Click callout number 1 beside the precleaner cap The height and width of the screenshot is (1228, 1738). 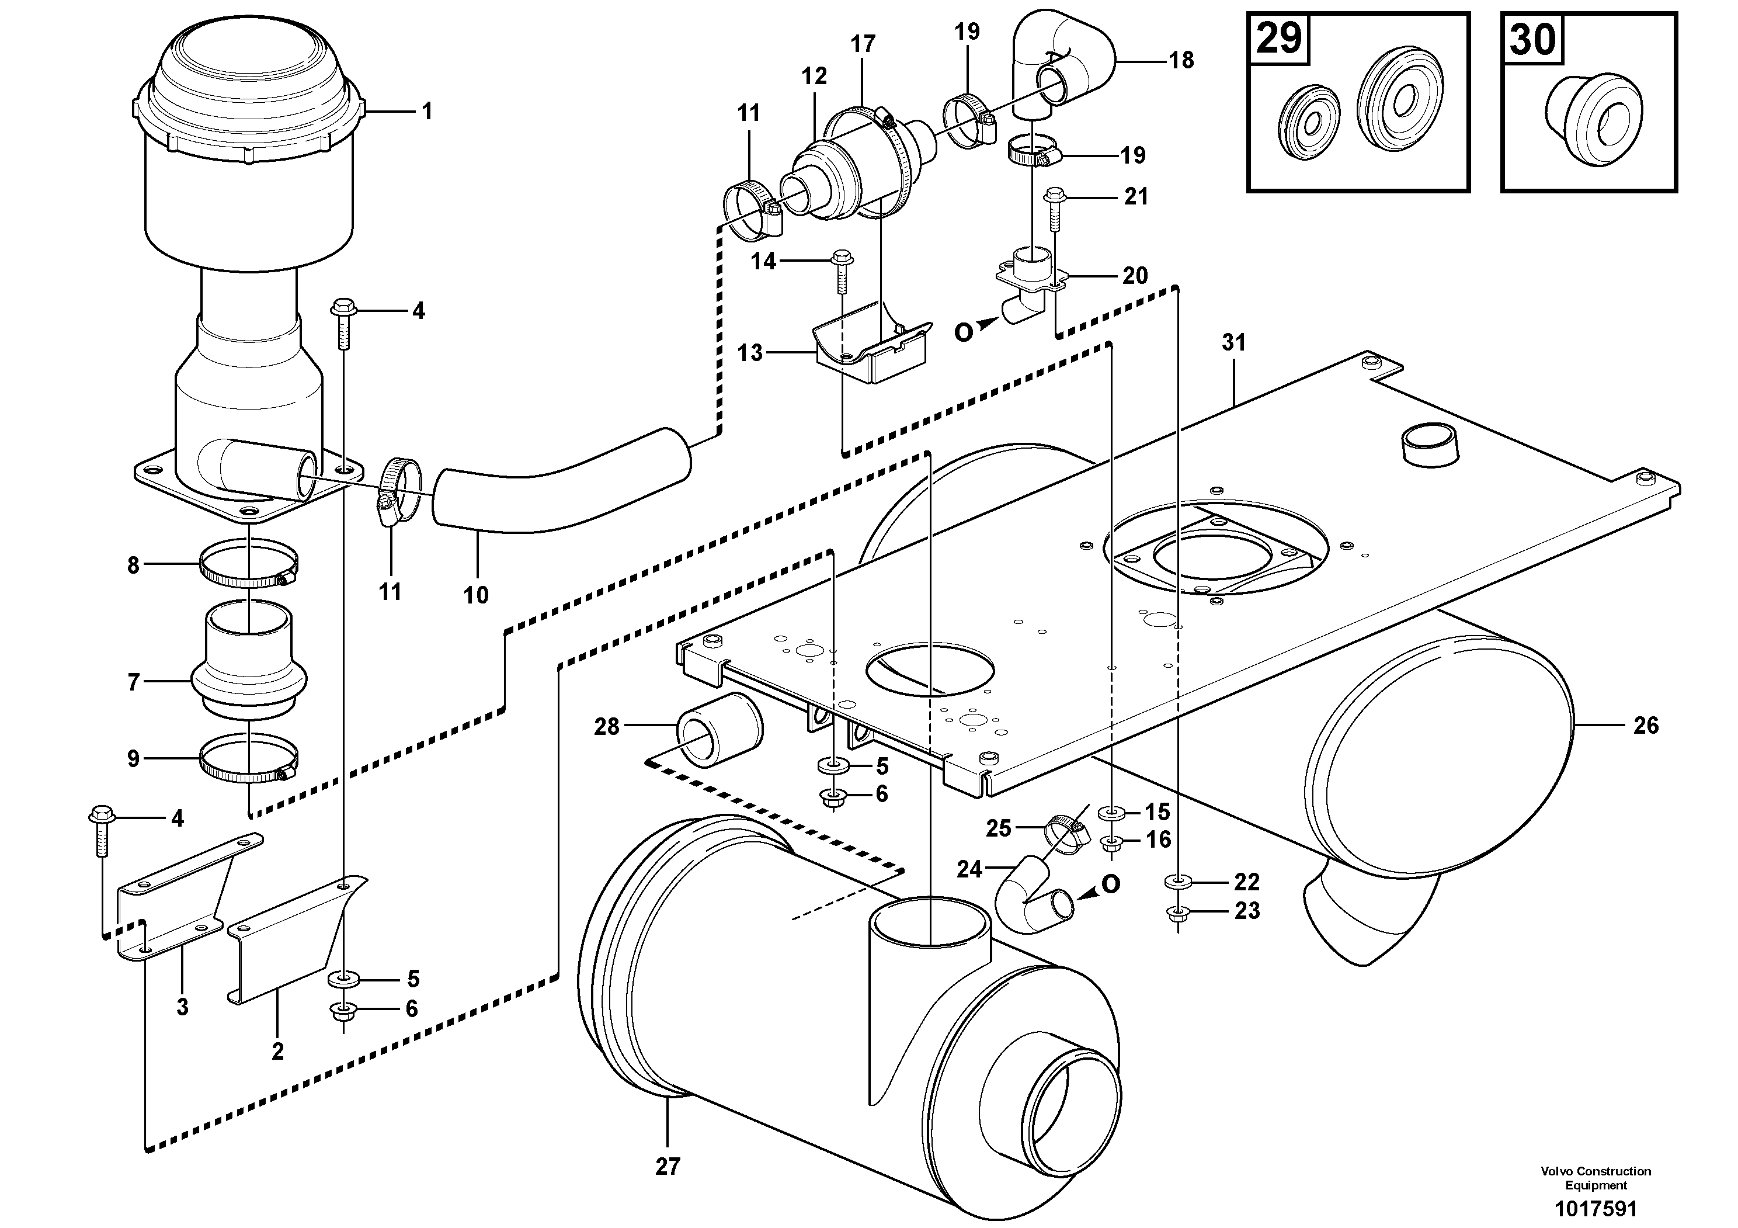pyautogui.click(x=427, y=112)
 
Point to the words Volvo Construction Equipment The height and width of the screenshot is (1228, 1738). pyautogui.click(x=1596, y=1178)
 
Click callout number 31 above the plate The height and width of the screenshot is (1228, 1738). pyautogui.click(x=1234, y=343)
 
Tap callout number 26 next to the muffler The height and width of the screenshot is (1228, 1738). pyautogui.click(x=1646, y=726)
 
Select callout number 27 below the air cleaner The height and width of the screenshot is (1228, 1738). pyautogui.click(x=668, y=1167)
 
